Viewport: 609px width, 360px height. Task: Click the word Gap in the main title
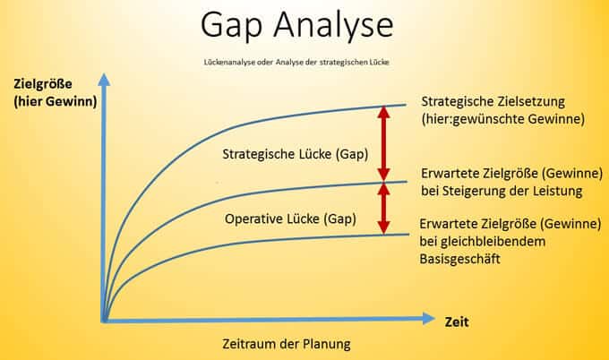click(231, 26)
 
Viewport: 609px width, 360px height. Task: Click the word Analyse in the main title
click(334, 26)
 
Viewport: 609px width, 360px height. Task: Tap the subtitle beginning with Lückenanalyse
click(296, 62)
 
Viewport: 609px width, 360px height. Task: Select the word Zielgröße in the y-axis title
click(43, 84)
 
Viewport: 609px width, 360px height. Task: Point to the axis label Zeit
click(457, 322)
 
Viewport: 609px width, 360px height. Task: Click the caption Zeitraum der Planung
click(287, 344)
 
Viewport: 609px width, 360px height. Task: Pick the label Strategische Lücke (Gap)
click(296, 154)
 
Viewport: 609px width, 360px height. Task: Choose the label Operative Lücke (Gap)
click(290, 219)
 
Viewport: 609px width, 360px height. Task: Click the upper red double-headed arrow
click(383, 142)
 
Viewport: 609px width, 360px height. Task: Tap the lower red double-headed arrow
click(383, 209)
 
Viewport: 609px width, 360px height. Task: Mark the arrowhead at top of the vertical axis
click(104, 80)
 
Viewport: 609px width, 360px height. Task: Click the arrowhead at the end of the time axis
click(428, 319)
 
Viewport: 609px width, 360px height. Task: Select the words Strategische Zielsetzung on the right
click(493, 101)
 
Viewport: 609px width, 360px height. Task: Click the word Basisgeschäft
click(459, 259)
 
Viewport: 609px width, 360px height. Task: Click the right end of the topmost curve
click(406, 105)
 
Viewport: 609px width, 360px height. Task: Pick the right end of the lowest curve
click(408, 234)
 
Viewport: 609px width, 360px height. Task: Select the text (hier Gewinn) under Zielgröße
click(56, 102)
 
